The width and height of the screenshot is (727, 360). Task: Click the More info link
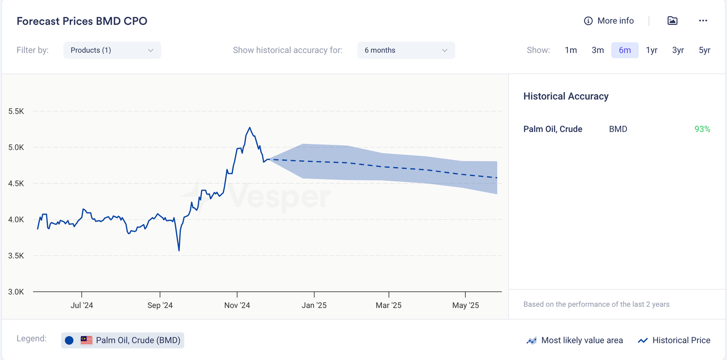pyautogui.click(x=609, y=21)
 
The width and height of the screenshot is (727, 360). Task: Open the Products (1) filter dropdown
pyautogui.click(x=112, y=50)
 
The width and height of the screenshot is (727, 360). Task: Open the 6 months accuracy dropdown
pyautogui.click(x=406, y=50)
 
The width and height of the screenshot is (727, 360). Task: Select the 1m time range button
pyautogui.click(x=571, y=50)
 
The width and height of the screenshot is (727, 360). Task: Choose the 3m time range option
pyautogui.click(x=598, y=50)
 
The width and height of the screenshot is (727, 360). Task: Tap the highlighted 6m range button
pyautogui.click(x=625, y=50)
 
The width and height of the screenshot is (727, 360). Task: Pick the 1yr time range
pyautogui.click(x=652, y=50)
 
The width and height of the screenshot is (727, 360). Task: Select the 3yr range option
pyautogui.click(x=678, y=50)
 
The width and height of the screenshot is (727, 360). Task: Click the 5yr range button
pyautogui.click(x=704, y=50)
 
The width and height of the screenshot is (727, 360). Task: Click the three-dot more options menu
pyautogui.click(x=703, y=21)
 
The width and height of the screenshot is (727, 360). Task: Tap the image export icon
pyautogui.click(x=672, y=21)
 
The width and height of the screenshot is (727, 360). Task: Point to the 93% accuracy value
pyautogui.click(x=702, y=129)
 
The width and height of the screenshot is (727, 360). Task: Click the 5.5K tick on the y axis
pyautogui.click(x=16, y=111)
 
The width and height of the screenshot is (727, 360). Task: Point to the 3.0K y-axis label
pyautogui.click(x=16, y=292)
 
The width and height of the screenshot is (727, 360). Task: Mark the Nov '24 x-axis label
pyautogui.click(x=237, y=305)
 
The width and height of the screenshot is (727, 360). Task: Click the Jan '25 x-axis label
pyautogui.click(x=314, y=305)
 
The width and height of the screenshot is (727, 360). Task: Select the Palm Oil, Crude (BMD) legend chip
pyautogui.click(x=123, y=340)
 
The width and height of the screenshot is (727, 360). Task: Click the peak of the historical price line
pyautogui.click(x=249, y=128)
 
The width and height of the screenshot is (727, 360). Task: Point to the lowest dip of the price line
pyautogui.click(x=179, y=250)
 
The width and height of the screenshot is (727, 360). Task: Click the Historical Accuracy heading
pyautogui.click(x=566, y=96)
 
